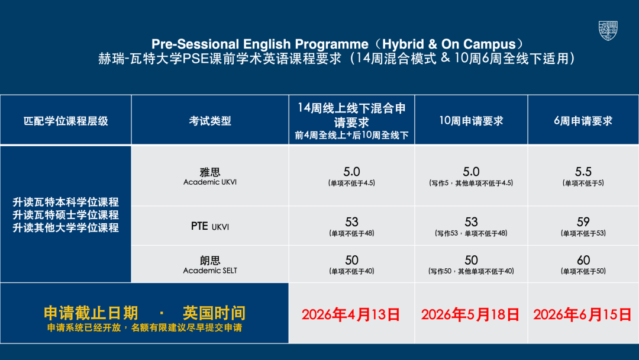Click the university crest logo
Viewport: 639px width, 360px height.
click(608, 31)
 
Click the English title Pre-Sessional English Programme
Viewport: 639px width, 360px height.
click(260, 44)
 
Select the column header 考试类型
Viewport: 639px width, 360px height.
click(210, 121)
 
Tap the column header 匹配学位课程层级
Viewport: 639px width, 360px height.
click(66, 121)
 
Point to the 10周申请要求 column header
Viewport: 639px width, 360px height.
click(471, 121)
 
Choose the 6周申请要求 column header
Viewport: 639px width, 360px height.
click(583, 121)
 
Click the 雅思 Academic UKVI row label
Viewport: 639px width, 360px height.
click(210, 176)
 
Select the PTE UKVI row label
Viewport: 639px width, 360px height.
click(210, 226)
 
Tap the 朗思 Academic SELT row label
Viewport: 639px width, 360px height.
click(210, 265)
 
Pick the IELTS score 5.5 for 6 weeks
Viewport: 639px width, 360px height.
click(583, 172)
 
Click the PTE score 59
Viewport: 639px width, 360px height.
click(583, 222)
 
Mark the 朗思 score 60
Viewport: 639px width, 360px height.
click(583, 260)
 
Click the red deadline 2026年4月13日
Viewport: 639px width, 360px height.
click(351, 315)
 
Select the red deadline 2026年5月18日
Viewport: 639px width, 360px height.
click(470, 315)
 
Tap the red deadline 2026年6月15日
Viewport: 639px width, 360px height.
click(582, 315)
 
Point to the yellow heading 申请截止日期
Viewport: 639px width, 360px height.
click(91, 313)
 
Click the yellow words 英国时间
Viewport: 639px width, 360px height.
click(214, 313)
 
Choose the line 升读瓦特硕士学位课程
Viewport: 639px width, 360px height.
click(66, 215)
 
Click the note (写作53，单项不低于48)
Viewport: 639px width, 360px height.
click(471, 233)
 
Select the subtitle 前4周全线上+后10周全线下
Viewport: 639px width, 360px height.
click(351, 136)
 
